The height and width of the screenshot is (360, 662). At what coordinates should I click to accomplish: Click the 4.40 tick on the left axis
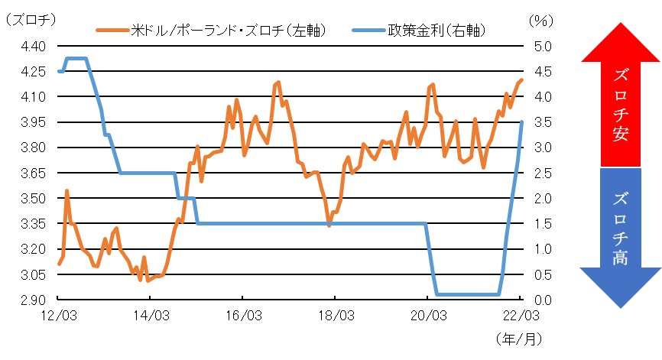tap(30, 46)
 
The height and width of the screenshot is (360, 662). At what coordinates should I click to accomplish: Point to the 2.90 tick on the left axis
tap(30, 300)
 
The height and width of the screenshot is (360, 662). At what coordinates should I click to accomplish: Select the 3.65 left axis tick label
tap(30, 173)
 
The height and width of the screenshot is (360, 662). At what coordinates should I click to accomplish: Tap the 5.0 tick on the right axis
tap(539, 46)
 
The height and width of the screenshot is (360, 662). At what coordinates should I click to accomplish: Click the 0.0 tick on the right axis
tap(539, 300)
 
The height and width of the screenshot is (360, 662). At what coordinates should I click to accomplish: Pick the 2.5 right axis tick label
tap(539, 173)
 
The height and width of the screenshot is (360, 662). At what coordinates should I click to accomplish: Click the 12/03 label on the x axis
tap(58, 315)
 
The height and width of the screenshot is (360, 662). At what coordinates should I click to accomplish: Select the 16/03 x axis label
tap(242, 315)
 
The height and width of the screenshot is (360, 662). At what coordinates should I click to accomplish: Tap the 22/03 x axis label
tap(521, 315)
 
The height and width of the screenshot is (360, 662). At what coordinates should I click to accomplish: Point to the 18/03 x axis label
tap(335, 315)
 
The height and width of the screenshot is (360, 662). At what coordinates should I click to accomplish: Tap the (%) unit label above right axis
tap(539, 21)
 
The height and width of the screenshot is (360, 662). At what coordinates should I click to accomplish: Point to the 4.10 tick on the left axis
tap(30, 96)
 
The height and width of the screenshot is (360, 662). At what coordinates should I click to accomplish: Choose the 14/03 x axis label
tap(151, 315)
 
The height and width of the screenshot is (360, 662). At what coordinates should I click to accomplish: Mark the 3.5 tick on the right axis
tap(539, 122)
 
